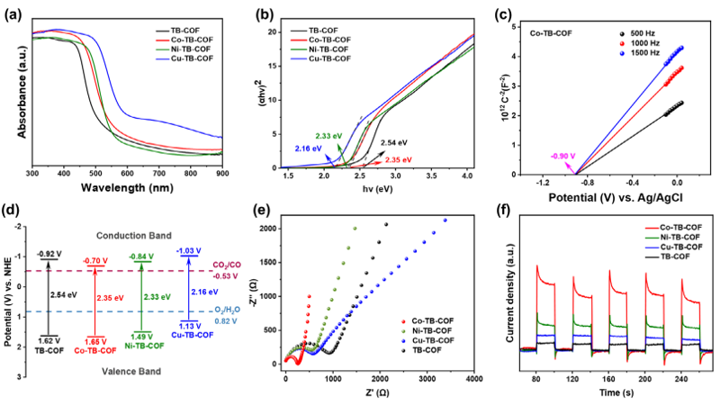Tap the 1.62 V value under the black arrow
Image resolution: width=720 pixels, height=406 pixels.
(x=49, y=342)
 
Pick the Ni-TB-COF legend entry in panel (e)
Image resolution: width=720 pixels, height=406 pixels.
(x=431, y=331)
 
